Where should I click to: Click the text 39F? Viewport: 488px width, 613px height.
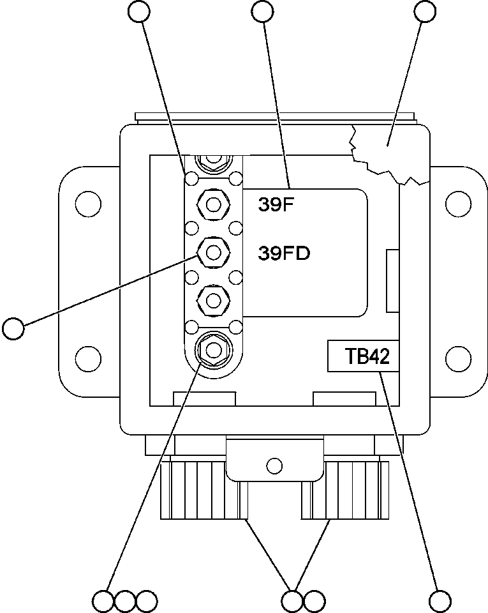click(x=274, y=204)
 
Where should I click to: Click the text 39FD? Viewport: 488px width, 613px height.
click(x=284, y=254)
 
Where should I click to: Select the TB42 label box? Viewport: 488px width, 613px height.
click(x=363, y=356)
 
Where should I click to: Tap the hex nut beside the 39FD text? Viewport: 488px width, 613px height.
click(x=214, y=253)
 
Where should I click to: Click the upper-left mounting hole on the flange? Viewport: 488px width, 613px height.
click(x=88, y=204)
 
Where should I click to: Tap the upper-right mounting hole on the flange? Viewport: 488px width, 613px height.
click(x=457, y=204)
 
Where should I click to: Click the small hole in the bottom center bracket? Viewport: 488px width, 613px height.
click(x=274, y=464)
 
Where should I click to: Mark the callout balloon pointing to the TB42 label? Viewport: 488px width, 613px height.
click(x=440, y=601)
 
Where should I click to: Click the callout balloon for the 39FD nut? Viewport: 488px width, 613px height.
click(x=13, y=328)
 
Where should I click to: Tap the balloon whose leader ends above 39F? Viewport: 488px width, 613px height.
click(x=263, y=11)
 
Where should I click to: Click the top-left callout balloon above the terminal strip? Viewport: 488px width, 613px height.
click(x=139, y=11)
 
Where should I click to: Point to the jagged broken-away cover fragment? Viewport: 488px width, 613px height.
click(x=386, y=150)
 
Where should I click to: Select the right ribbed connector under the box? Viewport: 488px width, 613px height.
click(x=348, y=488)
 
